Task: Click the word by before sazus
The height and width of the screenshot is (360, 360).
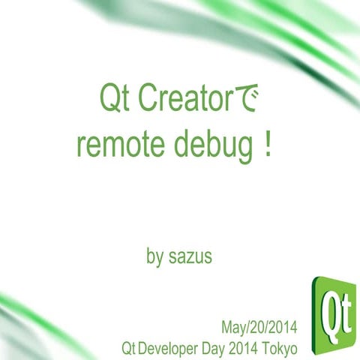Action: point(154,256)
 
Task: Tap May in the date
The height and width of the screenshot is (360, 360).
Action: point(234,328)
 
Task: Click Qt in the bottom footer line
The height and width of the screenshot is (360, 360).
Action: point(128,349)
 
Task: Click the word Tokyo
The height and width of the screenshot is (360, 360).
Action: point(280,349)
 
